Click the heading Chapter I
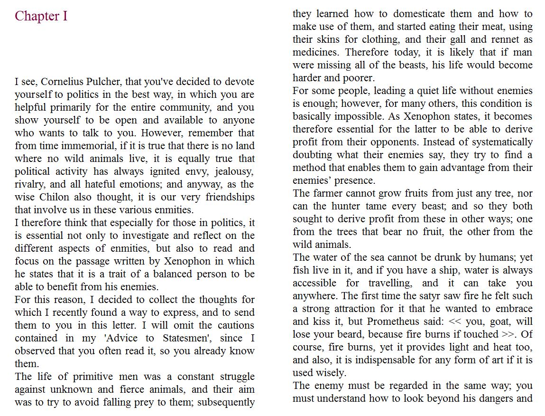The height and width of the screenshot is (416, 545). point(41,16)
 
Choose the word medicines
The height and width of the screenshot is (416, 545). point(316,52)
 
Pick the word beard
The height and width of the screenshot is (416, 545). point(350,334)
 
